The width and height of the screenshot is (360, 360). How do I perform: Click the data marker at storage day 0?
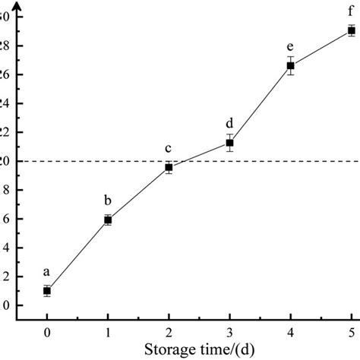tap(47, 290)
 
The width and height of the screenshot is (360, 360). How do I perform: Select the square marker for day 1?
tap(108, 219)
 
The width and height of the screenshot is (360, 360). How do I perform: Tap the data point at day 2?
tap(169, 167)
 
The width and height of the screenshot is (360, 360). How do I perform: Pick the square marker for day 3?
tap(229, 143)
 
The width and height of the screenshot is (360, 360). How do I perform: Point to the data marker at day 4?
tap(290, 66)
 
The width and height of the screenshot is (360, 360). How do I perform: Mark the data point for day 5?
tap(351, 30)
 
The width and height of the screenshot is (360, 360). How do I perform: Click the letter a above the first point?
tap(47, 272)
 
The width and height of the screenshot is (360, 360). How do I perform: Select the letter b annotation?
tap(108, 201)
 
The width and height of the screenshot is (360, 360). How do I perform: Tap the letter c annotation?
tap(169, 149)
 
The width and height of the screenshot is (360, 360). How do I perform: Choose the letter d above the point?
tap(229, 122)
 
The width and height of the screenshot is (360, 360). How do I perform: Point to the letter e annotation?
tap(290, 46)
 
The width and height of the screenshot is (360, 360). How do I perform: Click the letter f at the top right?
tap(351, 11)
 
